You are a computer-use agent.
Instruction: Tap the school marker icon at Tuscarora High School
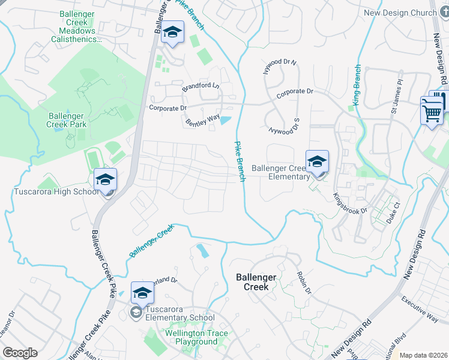click(105, 180)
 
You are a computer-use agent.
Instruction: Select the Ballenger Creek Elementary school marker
click(317, 162)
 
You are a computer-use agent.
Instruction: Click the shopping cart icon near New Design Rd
click(432, 112)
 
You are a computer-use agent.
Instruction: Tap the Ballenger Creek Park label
click(68, 120)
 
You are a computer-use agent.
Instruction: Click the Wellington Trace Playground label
click(183, 337)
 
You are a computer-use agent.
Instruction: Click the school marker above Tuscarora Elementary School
click(142, 293)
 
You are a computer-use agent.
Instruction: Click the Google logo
click(20, 353)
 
